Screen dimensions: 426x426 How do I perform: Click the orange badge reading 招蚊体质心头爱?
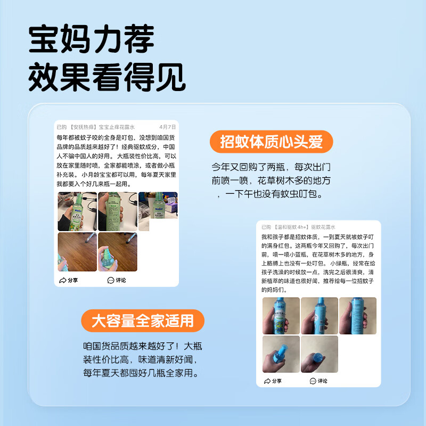click(x=272, y=142)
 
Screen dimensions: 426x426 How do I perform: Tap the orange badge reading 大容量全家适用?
click(x=142, y=321)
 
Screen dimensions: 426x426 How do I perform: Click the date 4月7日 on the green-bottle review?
click(x=167, y=127)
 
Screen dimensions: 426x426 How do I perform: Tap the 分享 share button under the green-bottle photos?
click(x=69, y=280)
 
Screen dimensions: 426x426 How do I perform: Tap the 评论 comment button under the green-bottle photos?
click(x=117, y=280)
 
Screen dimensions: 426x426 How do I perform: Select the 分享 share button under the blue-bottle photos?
click(x=273, y=381)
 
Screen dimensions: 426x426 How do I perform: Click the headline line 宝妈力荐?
click(x=91, y=39)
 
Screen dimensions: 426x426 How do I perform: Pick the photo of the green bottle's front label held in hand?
click(x=77, y=211)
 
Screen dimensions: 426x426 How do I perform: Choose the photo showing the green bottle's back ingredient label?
click(x=117, y=211)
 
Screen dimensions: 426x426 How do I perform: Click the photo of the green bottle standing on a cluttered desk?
click(x=158, y=205)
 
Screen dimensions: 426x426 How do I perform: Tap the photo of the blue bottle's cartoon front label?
click(x=281, y=315)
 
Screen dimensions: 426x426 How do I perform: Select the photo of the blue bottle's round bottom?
click(x=319, y=354)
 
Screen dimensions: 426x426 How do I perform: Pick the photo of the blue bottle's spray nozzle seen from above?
click(x=281, y=354)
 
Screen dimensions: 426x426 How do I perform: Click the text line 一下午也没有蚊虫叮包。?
click(x=269, y=195)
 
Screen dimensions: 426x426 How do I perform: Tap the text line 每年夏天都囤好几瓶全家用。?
click(x=141, y=373)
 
